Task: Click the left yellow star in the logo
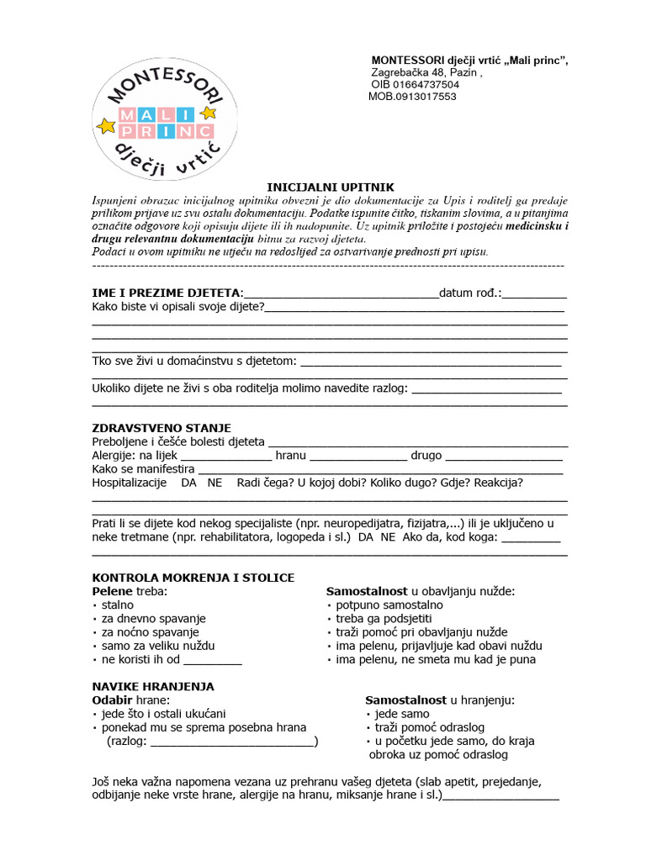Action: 106,127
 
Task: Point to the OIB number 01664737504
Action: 416,84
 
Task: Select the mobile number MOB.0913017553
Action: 412,97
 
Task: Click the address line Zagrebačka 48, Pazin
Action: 426,72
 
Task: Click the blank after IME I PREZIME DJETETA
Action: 341,293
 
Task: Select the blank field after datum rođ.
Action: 535,293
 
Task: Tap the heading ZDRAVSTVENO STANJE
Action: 161,428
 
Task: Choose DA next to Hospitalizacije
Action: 189,483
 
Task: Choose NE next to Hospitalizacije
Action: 215,483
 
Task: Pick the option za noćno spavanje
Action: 150,631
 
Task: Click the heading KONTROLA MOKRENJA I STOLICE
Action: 193,578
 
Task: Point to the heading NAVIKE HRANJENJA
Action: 152,686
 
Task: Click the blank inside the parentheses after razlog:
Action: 231,742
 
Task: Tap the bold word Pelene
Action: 112,591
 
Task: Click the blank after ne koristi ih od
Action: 212,659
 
